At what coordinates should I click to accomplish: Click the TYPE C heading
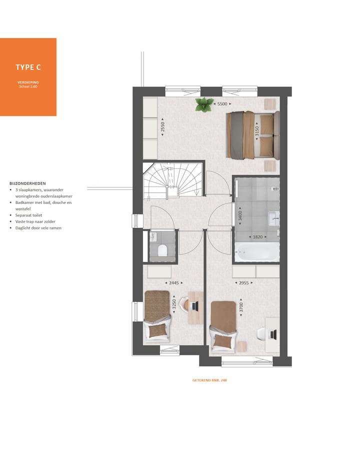[x=28, y=67]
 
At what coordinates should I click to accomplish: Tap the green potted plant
[x=203, y=104]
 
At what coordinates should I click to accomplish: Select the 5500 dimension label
[x=223, y=104]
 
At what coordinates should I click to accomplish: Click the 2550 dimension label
[x=162, y=127]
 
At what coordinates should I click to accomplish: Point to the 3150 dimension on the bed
[x=257, y=131]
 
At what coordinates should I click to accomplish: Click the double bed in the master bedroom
[x=251, y=135]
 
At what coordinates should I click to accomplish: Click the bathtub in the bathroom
[x=257, y=252]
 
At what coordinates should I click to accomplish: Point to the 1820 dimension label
[x=257, y=237]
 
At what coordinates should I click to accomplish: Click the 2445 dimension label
[x=173, y=283]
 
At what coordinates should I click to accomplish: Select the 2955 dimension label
[x=243, y=283]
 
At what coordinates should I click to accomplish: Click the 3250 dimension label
[x=174, y=305]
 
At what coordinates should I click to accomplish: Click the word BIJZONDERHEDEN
[x=27, y=183]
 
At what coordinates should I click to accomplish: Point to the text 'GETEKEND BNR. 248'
[x=209, y=380]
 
